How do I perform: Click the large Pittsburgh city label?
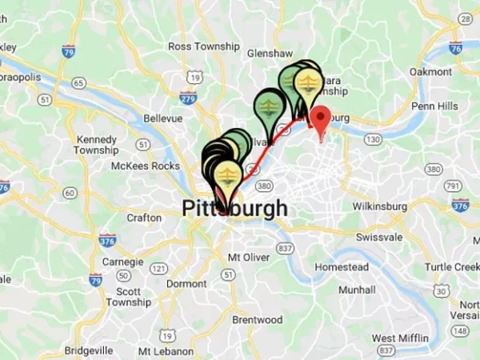tap(234, 208)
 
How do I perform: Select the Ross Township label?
tap(203, 46)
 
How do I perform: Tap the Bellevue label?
tap(163, 118)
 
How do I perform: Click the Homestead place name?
tap(342, 266)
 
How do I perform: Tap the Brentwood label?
tap(258, 319)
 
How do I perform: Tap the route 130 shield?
tap(372, 139)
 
